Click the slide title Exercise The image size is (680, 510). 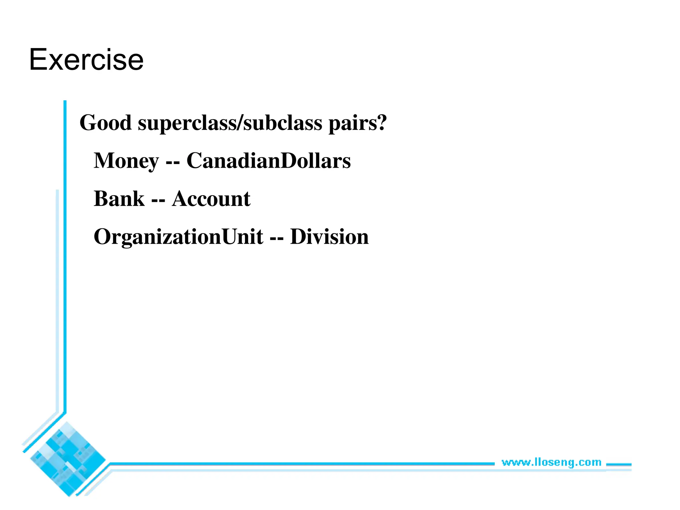[x=86, y=60]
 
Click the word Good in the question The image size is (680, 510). [x=106, y=123]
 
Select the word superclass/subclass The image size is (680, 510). [x=230, y=123]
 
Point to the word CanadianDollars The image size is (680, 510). [x=268, y=161]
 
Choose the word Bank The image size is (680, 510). [x=119, y=199]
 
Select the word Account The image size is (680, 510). [x=211, y=199]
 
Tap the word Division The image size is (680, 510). [x=329, y=237]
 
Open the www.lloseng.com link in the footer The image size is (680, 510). [x=551, y=462]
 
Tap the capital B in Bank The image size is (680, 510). [x=101, y=199]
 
